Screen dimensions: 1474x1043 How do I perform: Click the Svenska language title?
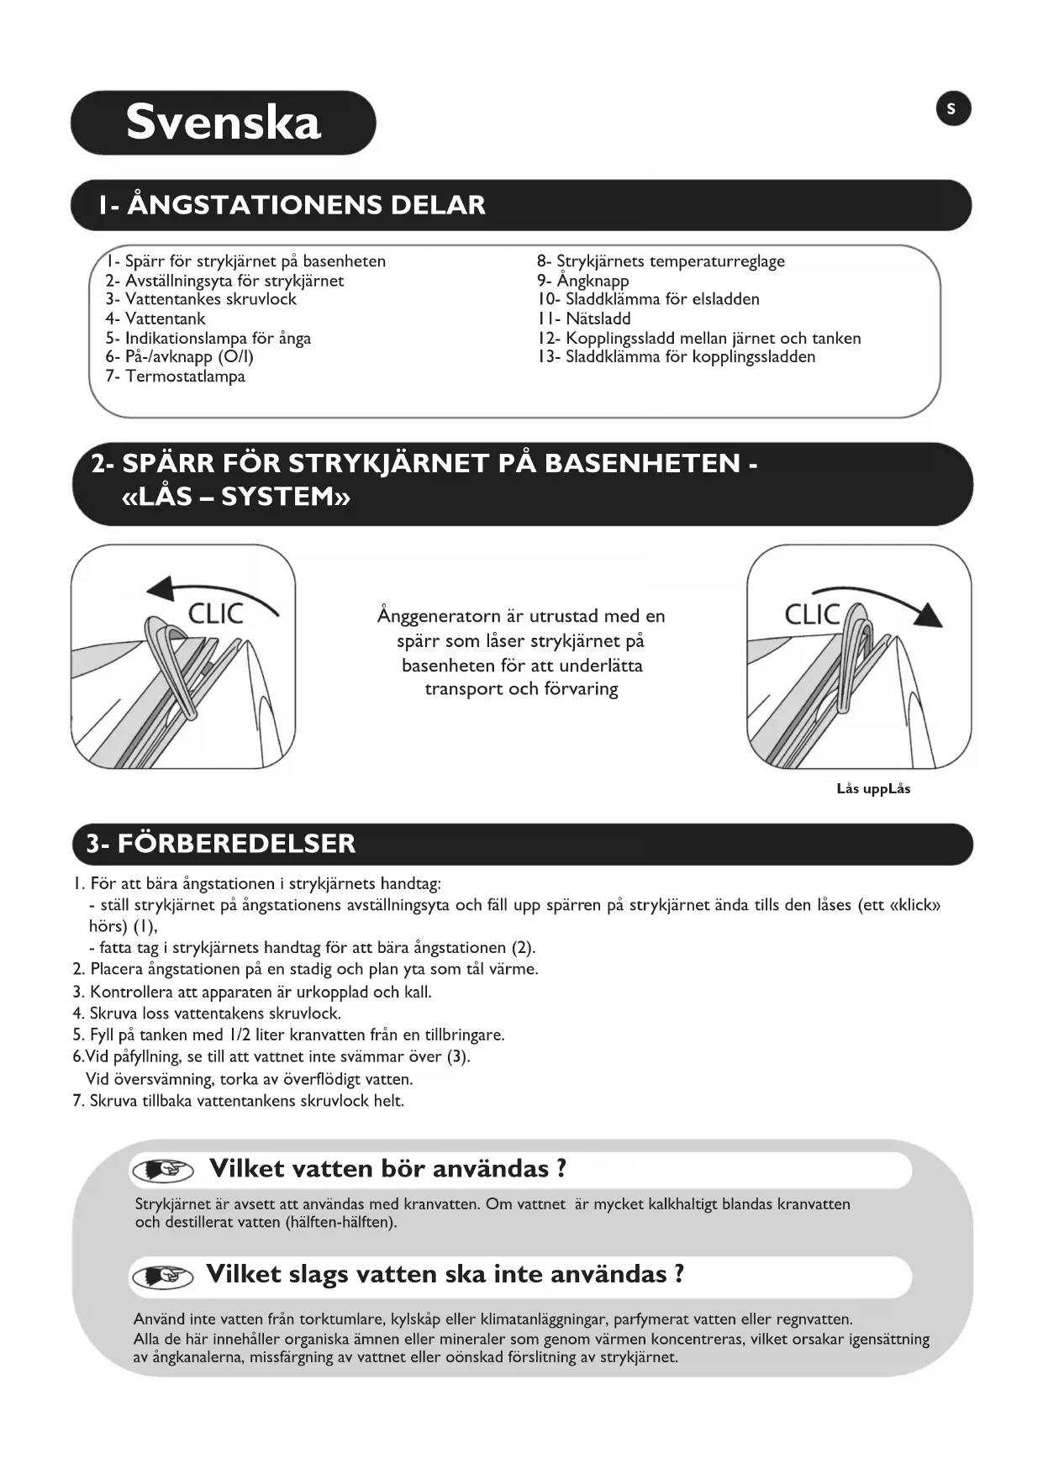pyautogui.click(x=224, y=123)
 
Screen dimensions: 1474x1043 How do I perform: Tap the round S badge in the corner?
pyautogui.click(x=952, y=109)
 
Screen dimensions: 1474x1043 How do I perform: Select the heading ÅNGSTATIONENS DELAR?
pyautogui.click(x=306, y=205)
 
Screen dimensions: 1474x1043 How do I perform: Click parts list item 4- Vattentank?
pyautogui.click(x=155, y=318)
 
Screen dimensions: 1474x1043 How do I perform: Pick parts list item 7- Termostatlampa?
pyautogui.click(x=176, y=376)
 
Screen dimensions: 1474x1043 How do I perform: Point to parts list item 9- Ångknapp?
pyautogui.click(x=582, y=281)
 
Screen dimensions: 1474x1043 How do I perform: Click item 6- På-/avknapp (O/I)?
pyautogui.click(x=180, y=357)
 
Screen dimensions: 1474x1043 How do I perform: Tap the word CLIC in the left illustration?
pyautogui.click(x=215, y=614)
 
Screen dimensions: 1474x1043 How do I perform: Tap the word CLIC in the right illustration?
pyautogui.click(x=812, y=614)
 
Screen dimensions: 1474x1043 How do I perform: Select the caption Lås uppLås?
pyautogui.click(x=873, y=789)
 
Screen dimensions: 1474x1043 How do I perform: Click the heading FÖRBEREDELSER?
pyautogui.click(x=236, y=844)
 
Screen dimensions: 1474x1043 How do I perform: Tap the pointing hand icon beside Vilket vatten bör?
pyautogui.click(x=162, y=1170)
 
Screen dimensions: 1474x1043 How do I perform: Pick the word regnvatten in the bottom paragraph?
pyautogui.click(x=813, y=1319)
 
